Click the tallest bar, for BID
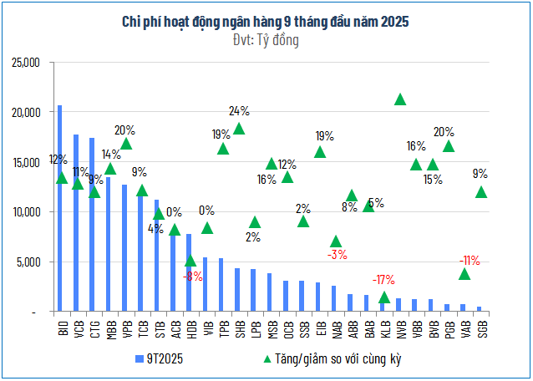pyautogui.click(x=59, y=209)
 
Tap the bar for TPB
pyautogui.click(x=221, y=285)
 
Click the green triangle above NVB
pyautogui.click(x=400, y=99)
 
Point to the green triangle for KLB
pyautogui.click(x=384, y=297)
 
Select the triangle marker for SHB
pyautogui.click(x=238, y=128)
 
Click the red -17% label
pyautogui.click(x=384, y=279)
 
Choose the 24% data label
pyautogui.click(x=239, y=110)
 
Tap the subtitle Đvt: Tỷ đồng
pyautogui.click(x=266, y=39)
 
